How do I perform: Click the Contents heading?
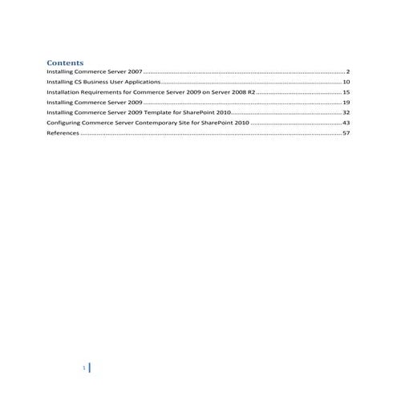66,62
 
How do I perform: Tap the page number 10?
346,82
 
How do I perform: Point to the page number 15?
346,92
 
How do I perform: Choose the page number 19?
346,103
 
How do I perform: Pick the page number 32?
346,114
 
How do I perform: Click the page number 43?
346,124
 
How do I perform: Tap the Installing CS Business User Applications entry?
104,82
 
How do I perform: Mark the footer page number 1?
83,368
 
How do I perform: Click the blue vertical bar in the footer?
88,368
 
